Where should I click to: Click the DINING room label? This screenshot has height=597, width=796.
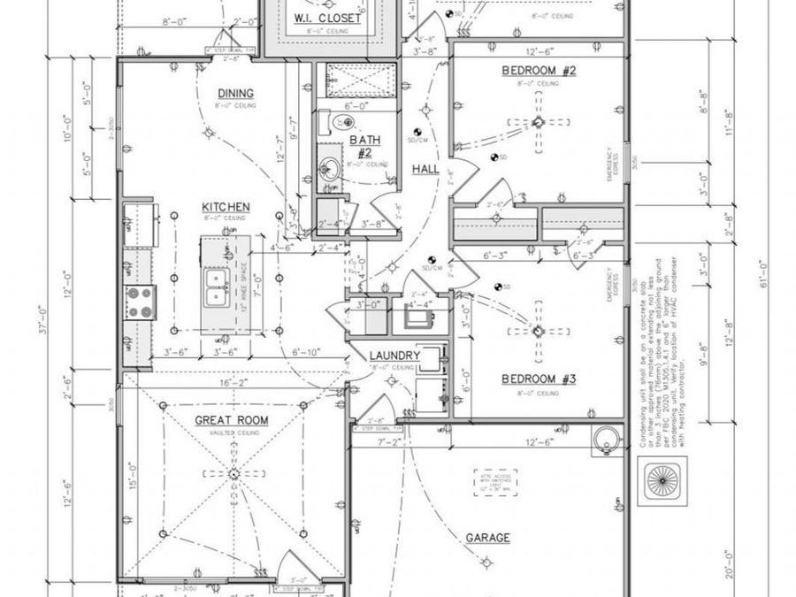(x=235, y=94)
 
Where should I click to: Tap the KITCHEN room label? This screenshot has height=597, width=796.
(x=225, y=207)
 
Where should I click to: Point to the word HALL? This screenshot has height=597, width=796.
(x=425, y=169)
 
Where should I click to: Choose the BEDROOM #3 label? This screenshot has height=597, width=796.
(x=539, y=379)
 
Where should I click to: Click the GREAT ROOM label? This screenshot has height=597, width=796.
(x=232, y=420)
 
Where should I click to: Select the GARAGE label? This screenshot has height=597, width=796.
(x=487, y=538)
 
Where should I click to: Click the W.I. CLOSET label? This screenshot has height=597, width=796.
(x=326, y=18)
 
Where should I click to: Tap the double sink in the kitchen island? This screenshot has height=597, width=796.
(x=215, y=287)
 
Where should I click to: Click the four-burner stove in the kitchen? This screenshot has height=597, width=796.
(x=140, y=302)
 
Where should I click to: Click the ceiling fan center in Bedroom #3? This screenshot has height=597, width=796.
(x=537, y=332)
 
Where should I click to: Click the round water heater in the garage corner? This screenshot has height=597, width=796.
(x=606, y=438)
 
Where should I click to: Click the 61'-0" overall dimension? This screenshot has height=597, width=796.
(x=762, y=265)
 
